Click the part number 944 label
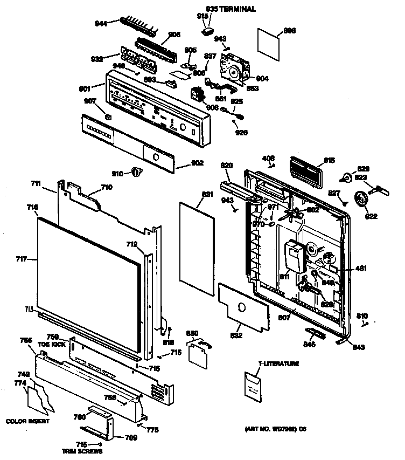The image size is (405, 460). (100, 23)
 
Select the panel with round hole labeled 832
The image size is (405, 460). (243, 307)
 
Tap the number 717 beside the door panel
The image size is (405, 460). (22, 259)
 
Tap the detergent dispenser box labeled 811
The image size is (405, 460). (294, 255)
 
